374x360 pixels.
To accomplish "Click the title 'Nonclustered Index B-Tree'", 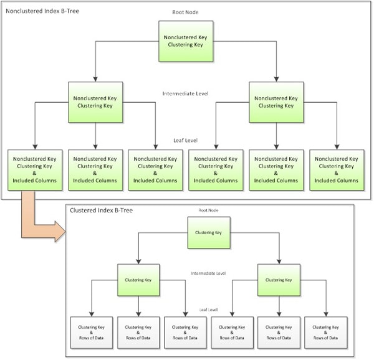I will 42,11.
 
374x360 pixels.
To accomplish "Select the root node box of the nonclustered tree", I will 186,40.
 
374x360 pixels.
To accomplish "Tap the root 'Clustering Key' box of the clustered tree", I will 209,232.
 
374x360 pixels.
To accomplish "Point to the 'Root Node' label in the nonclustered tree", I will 185,12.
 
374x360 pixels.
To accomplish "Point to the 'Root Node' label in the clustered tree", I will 208,211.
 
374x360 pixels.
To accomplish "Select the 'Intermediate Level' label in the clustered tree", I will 208,273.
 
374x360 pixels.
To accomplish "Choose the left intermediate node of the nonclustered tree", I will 95,102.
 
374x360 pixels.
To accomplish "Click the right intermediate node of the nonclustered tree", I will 276,102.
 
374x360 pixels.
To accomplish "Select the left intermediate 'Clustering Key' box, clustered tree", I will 138,280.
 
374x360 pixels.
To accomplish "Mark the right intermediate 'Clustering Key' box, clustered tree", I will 279,280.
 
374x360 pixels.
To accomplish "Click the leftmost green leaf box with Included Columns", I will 34,169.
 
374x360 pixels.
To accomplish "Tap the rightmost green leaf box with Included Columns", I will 337,169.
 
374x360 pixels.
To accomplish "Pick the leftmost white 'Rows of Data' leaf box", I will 90,331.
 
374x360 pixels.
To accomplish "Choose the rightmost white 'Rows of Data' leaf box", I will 325,331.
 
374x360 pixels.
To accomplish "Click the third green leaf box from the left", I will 155,169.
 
